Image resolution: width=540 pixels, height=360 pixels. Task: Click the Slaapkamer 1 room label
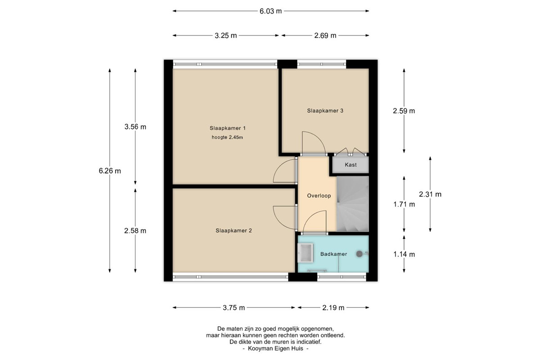tap(228, 128)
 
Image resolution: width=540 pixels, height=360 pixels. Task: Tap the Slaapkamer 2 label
tap(234, 230)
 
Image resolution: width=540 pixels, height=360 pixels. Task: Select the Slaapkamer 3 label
tap(325, 111)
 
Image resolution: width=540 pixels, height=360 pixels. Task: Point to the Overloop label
tap(319, 196)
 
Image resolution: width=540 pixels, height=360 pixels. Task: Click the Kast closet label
tap(351, 165)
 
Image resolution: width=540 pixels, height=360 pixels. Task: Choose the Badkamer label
tap(333, 254)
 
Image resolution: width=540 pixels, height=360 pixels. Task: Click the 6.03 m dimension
tap(270, 11)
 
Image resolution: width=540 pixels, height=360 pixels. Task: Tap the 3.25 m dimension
tap(225, 36)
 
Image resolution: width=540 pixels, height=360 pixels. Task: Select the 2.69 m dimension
tap(325, 36)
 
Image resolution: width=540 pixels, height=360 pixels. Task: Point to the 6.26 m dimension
tap(110, 171)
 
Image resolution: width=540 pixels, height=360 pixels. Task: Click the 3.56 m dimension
tap(135, 126)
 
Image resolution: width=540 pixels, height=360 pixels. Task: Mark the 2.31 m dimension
tap(430, 194)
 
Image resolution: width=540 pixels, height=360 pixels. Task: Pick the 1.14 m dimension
tap(404, 254)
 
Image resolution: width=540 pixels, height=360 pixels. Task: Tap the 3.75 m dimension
tap(234, 308)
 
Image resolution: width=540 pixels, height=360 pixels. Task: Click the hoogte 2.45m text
tap(227, 137)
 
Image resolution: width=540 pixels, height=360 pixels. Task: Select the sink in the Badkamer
tap(306, 253)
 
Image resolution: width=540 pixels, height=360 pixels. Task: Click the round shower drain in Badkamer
tap(359, 254)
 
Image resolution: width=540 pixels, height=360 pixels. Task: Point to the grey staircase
tap(353, 204)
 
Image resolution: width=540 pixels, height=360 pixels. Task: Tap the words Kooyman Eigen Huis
tap(275, 348)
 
